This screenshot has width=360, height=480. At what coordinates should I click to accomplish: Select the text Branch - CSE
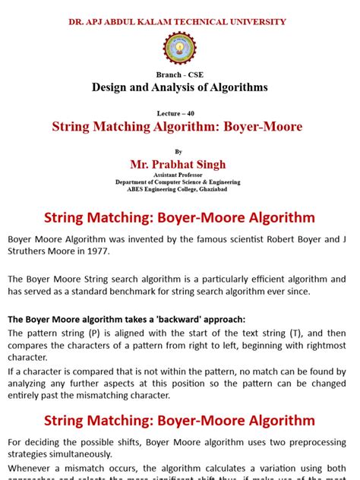(x=180, y=75)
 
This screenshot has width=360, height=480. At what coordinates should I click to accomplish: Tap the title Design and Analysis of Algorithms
(x=180, y=87)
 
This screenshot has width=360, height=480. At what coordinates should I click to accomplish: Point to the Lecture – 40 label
(x=180, y=112)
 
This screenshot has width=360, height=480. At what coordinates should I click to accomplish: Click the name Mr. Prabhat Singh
(x=178, y=164)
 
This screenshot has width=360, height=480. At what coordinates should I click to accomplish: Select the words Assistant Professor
(x=178, y=175)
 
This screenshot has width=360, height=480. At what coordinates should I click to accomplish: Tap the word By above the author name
(x=179, y=151)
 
